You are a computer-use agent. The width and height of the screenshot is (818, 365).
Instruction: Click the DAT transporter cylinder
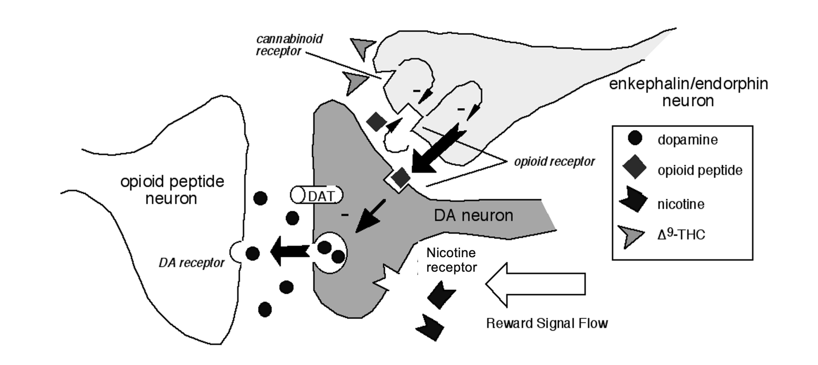click(316, 195)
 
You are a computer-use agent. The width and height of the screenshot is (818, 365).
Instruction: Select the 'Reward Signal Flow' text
click(547, 323)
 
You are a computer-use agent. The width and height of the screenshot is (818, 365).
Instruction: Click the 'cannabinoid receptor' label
click(290, 45)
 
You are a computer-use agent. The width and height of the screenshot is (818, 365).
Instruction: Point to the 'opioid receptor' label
click(554, 161)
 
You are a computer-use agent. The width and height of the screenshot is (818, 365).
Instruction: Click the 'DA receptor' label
click(191, 263)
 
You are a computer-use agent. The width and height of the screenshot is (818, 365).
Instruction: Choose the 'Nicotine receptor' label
click(452, 260)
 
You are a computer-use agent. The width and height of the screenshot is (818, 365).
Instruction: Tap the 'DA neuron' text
click(473, 215)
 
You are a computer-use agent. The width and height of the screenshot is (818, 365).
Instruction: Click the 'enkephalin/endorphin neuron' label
click(688, 92)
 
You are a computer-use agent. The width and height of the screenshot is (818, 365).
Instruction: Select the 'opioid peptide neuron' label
click(172, 190)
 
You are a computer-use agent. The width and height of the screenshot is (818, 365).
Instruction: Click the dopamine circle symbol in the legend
click(635, 138)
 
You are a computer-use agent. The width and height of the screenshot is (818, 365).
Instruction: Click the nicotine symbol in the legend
click(633, 200)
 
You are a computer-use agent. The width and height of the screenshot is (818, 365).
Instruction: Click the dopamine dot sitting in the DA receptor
click(252, 253)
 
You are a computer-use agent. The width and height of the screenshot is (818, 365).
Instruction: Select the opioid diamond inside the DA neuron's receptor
click(400, 177)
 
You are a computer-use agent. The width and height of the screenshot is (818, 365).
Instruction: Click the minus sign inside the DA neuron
click(345, 214)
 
